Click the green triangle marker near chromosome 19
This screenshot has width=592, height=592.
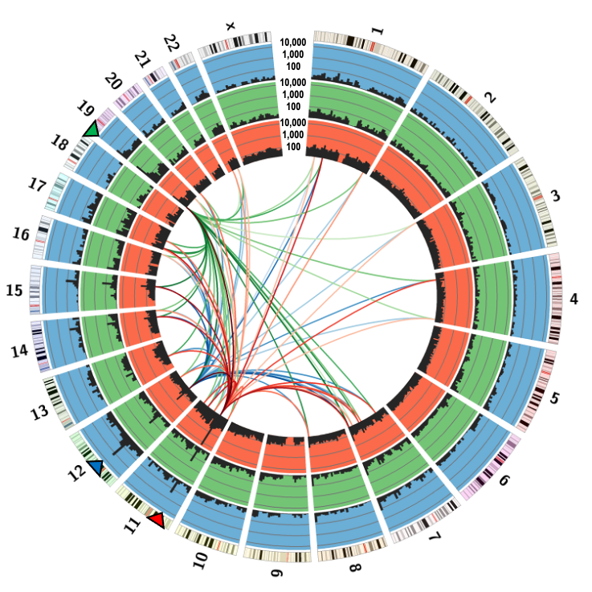pyautogui.click(x=92, y=129)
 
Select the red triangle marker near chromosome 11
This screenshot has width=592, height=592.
pyautogui.click(x=157, y=521)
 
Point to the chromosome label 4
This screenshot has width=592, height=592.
pyautogui.click(x=574, y=299)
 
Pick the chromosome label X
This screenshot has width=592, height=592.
pyautogui.click(x=231, y=26)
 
